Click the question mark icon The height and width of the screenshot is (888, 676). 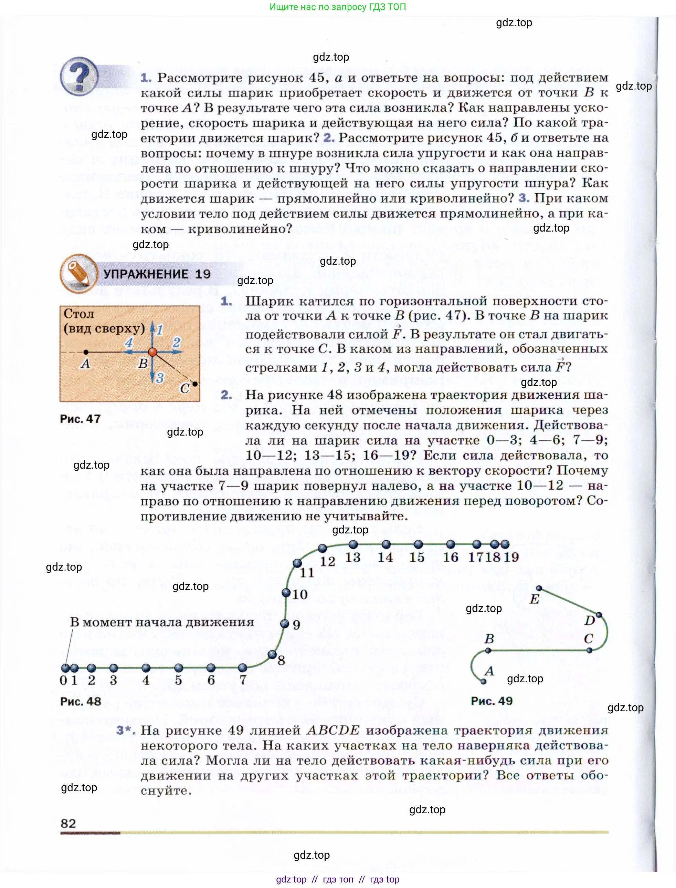(x=79, y=76)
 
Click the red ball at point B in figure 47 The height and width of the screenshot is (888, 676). (x=152, y=352)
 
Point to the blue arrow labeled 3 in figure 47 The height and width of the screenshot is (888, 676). (x=152, y=373)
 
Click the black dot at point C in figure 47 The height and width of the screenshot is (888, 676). (x=195, y=384)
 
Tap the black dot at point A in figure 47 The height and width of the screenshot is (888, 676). (x=86, y=352)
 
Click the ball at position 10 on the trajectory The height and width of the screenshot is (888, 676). (x=286, y=593)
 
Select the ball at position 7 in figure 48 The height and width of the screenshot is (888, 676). (x=243, y=668)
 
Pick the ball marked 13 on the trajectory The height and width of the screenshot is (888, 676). (x=353, y=544)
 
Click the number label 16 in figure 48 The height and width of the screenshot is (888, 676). (x=451, y=557)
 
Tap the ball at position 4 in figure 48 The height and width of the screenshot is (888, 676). (x=146, y=668)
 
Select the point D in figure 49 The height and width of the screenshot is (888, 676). (x=599, y=615)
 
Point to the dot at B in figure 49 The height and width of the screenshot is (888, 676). (x=488, y=650)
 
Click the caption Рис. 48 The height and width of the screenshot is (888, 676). (x=81, y=701)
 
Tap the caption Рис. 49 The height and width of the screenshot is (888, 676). (x=492, y=701)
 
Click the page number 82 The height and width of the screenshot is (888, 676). (x=68, y=823)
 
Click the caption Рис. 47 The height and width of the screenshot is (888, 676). (x=80, y=419)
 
